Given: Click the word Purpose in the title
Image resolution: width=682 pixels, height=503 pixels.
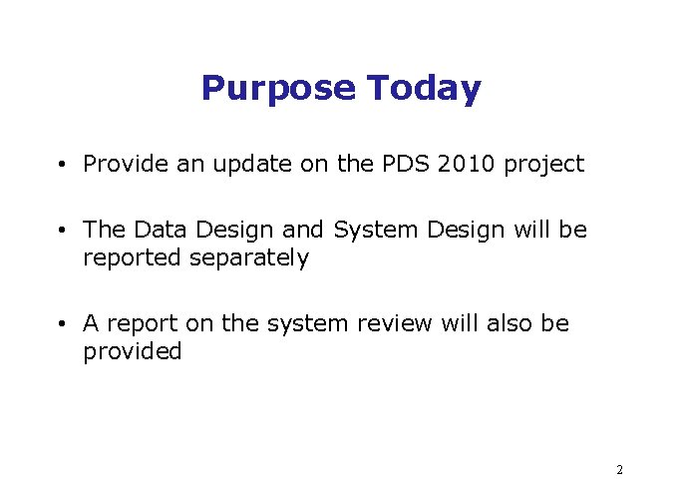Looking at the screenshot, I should tap(278, 89).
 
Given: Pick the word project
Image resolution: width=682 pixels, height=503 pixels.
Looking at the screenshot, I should tap(543, 165).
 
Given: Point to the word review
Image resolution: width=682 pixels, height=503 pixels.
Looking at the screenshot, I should tap(395, 323).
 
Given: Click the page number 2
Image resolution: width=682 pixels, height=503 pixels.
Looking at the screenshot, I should tap(619, 469).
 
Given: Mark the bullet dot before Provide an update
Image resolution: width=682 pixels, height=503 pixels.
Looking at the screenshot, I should tap(62, 165).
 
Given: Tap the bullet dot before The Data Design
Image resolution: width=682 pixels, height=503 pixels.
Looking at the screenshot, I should tap(62, 231).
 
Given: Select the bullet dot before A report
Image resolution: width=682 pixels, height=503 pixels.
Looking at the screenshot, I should tap(62, 324).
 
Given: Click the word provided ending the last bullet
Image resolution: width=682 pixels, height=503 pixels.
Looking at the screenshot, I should tap(133, 352).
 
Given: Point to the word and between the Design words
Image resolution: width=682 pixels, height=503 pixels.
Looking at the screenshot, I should tap(303, 230).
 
